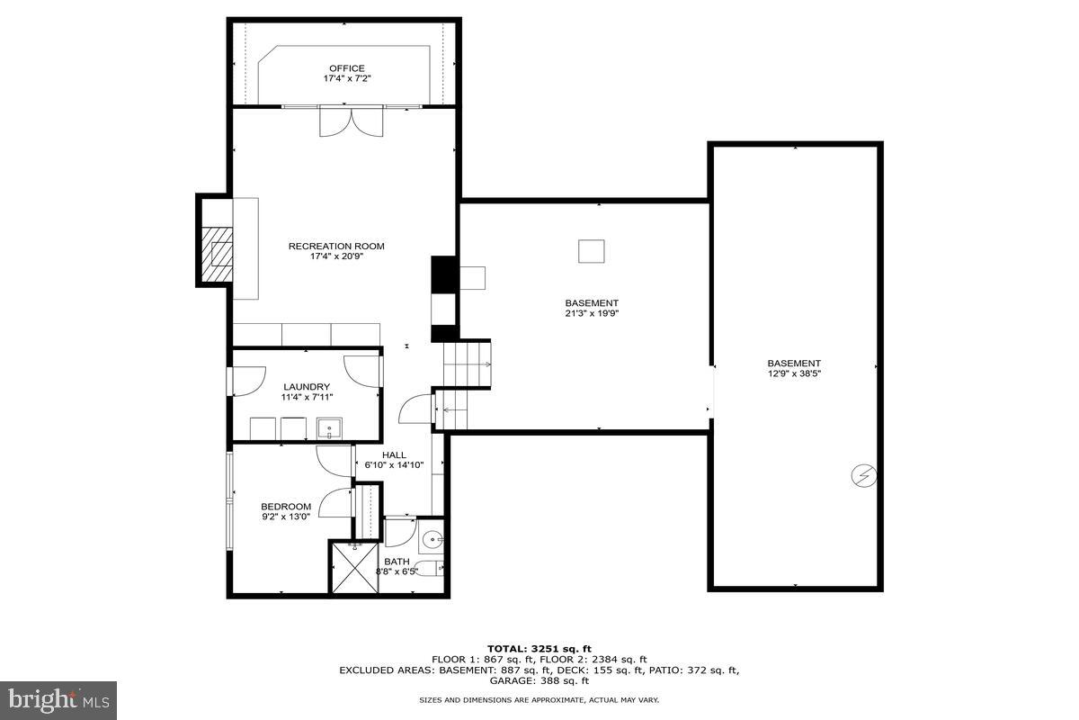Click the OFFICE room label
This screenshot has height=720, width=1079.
pos(346,68)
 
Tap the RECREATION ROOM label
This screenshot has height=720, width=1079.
pos(336,246)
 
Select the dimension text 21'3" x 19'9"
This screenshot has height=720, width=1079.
pos(591,314)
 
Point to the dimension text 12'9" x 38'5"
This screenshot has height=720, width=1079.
pos(793,374)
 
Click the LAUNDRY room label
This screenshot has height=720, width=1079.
pos(307,387)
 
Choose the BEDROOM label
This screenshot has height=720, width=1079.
pos(286,506)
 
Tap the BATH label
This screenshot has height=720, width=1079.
pos(397,561)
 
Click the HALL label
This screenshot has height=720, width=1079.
pos(394,455)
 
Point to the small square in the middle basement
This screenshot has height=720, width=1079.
pos(591,251)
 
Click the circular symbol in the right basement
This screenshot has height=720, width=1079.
pos(863,475)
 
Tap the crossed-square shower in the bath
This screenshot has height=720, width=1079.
pos(354,566)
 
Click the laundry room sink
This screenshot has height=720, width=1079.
pos(329,427)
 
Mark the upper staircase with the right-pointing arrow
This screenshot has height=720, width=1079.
pos(468,364)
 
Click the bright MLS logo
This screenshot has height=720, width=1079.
pos(58,698)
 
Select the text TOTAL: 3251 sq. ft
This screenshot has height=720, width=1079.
pos(539,648)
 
